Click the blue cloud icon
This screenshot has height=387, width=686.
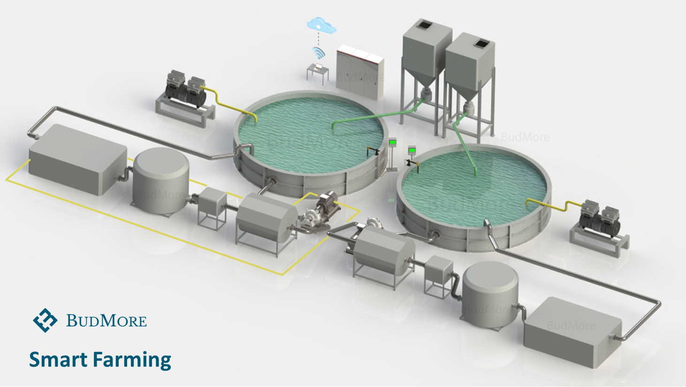(x=321, y=25)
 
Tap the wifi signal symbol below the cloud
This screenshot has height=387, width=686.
(x=319, y=52)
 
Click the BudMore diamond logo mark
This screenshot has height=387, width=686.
(x=45, y=320)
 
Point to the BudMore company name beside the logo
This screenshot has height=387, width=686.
(x=107, y=321)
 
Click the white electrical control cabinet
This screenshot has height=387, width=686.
(x=360, y=73)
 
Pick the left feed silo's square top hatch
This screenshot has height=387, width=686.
(x=426, y=24)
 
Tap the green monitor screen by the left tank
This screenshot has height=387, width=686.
(x=392, y=142)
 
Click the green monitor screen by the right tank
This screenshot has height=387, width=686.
(x=412, y=151)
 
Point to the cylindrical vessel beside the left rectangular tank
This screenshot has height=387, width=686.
(x=161, y=181)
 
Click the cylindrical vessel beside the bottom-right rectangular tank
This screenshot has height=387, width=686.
(x=490, y=293)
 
